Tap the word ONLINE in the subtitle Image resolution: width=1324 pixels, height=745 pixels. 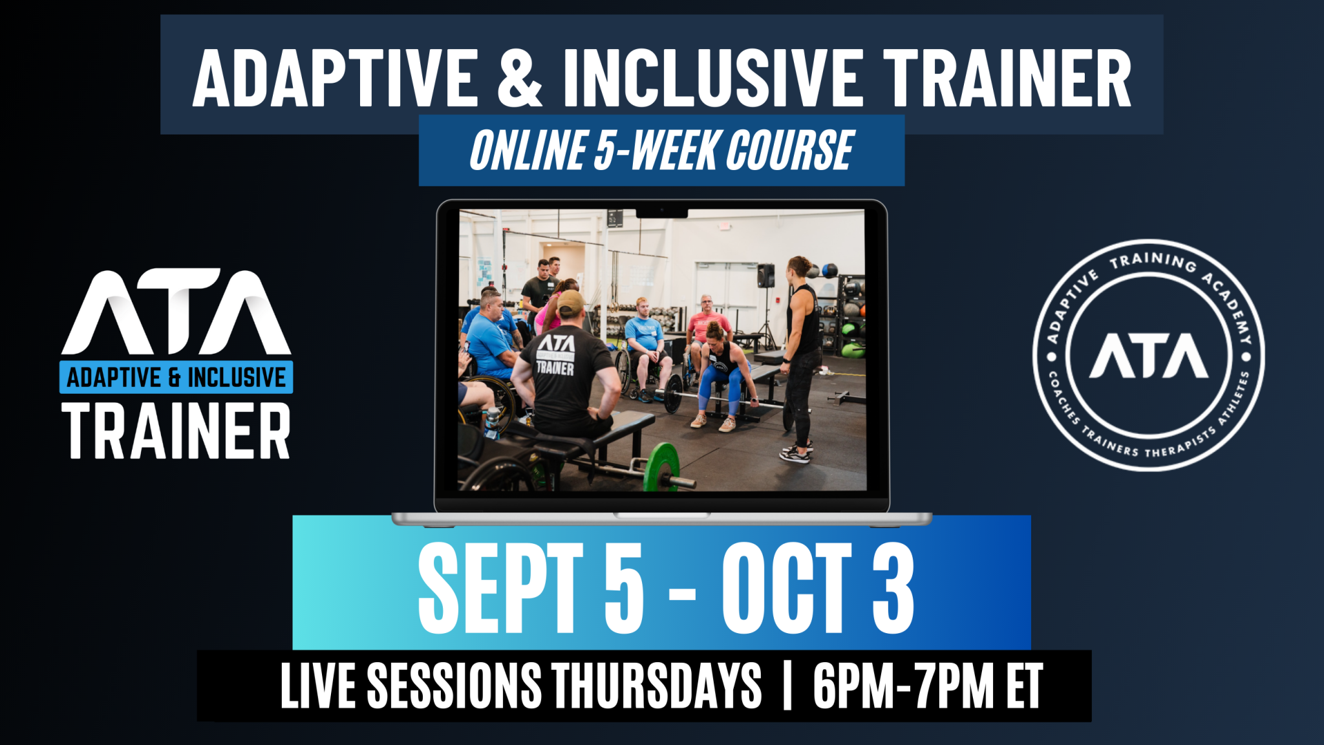(x=528, y=151)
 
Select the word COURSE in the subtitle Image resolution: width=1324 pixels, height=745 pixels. (x=790, y=151)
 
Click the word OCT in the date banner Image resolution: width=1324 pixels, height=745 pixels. (x=787, y=587)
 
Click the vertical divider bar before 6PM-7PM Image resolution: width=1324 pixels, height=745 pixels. (x=787, y=686)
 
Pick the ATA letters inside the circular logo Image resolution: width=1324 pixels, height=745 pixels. (x=1149, y=356)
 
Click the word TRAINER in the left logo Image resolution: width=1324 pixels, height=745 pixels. (x=176, y=431)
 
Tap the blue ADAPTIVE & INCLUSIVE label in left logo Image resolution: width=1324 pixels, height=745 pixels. (x=176, y=377)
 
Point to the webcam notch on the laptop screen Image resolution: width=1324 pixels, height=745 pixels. (x=661, y=213)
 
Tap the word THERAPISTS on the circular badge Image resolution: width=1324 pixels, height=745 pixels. (x=1180, y=443)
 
